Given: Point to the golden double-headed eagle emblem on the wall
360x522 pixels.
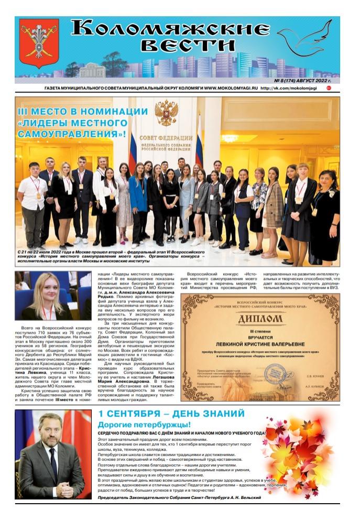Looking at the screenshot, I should [x=166, y=112].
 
